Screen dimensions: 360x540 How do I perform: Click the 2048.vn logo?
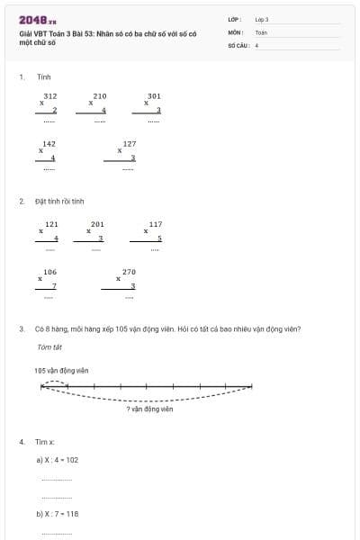pyautogui.click(x=37, y=20)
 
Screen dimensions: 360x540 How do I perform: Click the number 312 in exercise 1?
pyautogui.click(x=50, y=95)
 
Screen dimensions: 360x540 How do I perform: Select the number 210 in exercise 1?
pyautogui.click(x=100, y=95)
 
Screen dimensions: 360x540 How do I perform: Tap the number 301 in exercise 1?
pyautogui.click(x=154, y=95)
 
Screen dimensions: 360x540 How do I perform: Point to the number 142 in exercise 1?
pyautogui.click(x=49, y=144)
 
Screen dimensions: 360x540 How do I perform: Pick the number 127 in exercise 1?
pyautogui.click(x=130, y=144)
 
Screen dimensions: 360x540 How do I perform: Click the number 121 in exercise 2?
pyautogui.click(x=51, y=224)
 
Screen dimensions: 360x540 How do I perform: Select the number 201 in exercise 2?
pyautogui.click(x=97, y=224)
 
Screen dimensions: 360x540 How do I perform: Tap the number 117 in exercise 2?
pyautogui.click(x=156, y=224)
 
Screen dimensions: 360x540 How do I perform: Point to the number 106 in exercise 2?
pyautogui.click(x=50, y=272)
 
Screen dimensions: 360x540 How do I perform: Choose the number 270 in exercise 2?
pyautogui.click(x=129, y=272)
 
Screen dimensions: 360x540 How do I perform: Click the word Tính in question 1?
pyautogui.click(x=43, y=76)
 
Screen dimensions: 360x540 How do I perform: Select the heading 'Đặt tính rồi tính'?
pyautogui.click(x=59, y=201)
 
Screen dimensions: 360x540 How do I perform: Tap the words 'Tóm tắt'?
pyautogui.click(x=49, y=346)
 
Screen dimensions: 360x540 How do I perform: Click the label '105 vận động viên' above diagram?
pyautogui.click(x=61, y=370)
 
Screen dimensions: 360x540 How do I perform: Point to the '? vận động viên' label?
pyautogui.click(x=149, y=409)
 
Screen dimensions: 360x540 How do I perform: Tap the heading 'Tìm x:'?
pyautogui.click(x=45, y=442)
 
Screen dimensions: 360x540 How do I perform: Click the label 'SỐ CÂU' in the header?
pyautogui.click(x=238, y=43)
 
